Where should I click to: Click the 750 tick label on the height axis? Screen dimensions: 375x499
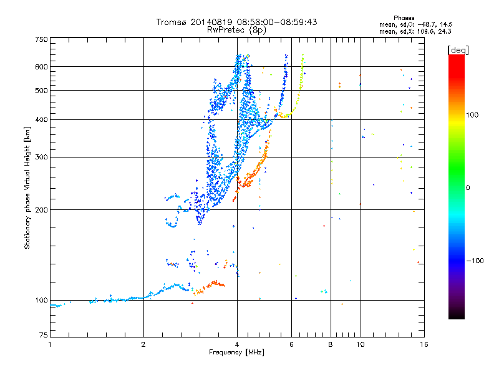[x=41, y=39]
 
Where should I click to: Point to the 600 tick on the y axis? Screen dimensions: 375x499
[x=41, y=67]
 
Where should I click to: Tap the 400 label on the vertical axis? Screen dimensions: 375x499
[x=41, y=120]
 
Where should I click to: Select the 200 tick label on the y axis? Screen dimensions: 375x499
[x=41, y=210]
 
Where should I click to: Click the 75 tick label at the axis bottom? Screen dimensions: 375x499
[x=42, y=336]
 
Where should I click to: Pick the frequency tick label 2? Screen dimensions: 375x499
[x=144, y=344]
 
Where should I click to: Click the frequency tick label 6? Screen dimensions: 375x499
[x=291, y=344]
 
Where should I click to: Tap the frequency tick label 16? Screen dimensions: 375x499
[x=424, y=344]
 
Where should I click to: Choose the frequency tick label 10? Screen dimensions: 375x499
[x=360, y=344]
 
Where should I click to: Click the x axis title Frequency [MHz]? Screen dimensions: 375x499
[x=236, y=352]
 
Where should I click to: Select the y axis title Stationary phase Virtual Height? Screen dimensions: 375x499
[x=27, y=187]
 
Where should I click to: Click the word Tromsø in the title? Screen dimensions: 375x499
[x=172, y=22]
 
